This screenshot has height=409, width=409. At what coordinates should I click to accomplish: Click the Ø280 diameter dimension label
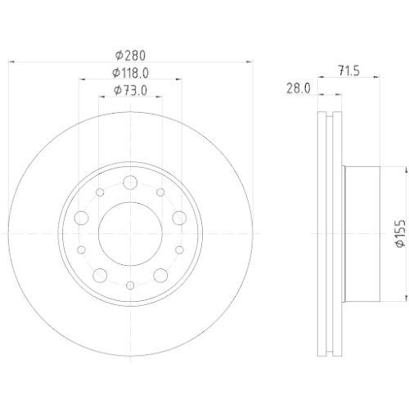130,56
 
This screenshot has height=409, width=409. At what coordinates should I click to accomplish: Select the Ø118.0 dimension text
131,73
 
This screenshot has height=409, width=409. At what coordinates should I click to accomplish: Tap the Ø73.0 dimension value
131,90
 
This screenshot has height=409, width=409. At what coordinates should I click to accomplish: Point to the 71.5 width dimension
349,70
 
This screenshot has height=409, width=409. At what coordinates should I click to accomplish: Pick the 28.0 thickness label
299,88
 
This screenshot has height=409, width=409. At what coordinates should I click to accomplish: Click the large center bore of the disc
130,234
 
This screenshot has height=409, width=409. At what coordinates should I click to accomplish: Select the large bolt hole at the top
130,182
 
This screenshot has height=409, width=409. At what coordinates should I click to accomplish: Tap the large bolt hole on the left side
82,218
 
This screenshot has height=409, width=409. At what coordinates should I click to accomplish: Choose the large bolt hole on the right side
179,218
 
